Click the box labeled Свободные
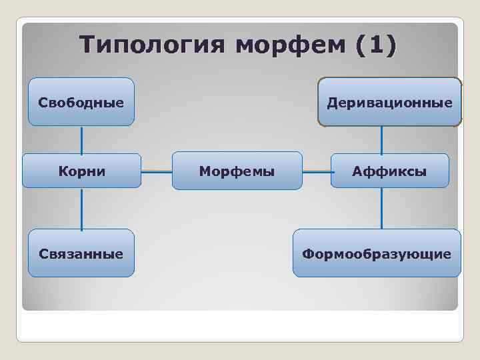pos(81,102)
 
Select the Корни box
pos(81,171)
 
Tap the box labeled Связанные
pos(81,253)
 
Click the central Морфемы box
pos(237,171)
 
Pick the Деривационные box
pos(389,102)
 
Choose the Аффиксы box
pos(389,171)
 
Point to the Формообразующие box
pos(377,253)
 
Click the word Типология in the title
pos(153,46)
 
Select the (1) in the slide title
pos(375,46)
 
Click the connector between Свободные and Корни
pos(82,139)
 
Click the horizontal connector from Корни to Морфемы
pos(157,171)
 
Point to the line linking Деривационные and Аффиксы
pos(381,141)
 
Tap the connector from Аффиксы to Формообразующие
pos(381,209)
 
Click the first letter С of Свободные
pos(43,103)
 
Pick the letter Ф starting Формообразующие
pos(308,254)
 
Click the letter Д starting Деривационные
pos(331,103)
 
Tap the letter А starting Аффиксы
pos(357,172)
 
